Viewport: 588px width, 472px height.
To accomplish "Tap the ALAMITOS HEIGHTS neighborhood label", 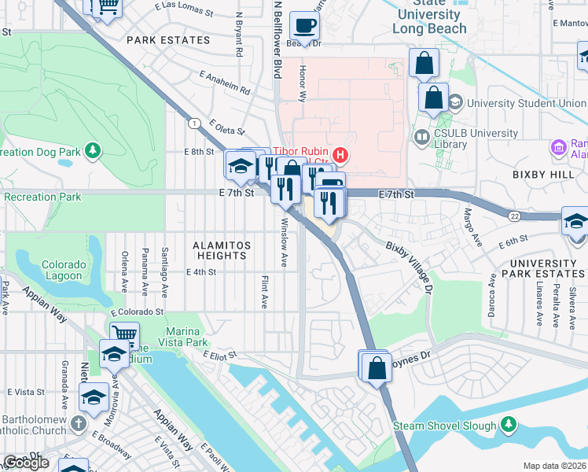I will [x=222, y=250].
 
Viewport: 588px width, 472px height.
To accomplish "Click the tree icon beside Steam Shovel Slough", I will [x=509, y=426].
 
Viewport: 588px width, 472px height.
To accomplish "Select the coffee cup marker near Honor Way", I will [x=304, y=26].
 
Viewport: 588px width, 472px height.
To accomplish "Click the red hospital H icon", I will [x=341, y=153].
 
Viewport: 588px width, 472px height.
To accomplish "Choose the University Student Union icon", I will [x=455, y=103].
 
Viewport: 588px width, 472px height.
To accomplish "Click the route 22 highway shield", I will [x=514, y=216].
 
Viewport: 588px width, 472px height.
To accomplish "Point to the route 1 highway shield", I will [x=193, y=122].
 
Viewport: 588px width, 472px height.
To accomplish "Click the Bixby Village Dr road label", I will [x=409, y=267].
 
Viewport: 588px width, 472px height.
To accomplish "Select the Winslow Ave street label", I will [x=285, y=236].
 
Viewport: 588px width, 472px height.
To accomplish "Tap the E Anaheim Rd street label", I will [x=224, y=82].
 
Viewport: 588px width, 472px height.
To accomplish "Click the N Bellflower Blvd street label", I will [x=277, y=39].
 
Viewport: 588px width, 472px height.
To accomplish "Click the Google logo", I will [x=26, y=463].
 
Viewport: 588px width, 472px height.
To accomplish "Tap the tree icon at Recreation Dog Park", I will [x=94, y=149].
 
